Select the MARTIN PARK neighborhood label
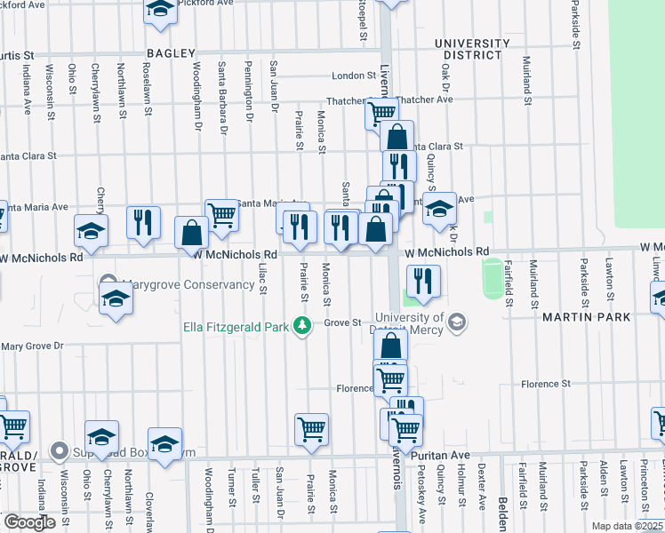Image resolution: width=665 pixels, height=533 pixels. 582,317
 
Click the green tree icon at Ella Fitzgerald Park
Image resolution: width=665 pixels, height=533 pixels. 302,326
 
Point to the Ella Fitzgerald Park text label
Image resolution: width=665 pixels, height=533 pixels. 236,327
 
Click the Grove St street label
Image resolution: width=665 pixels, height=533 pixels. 341,322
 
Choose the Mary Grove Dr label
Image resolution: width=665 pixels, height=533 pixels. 33,346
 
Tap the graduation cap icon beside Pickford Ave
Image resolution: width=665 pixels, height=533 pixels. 160,9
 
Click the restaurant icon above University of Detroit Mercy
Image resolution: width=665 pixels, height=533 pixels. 424,282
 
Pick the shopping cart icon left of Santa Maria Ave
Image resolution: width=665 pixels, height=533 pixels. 221,214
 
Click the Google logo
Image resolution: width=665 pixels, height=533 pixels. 29,522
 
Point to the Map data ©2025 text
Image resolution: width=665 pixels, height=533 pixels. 627,526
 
